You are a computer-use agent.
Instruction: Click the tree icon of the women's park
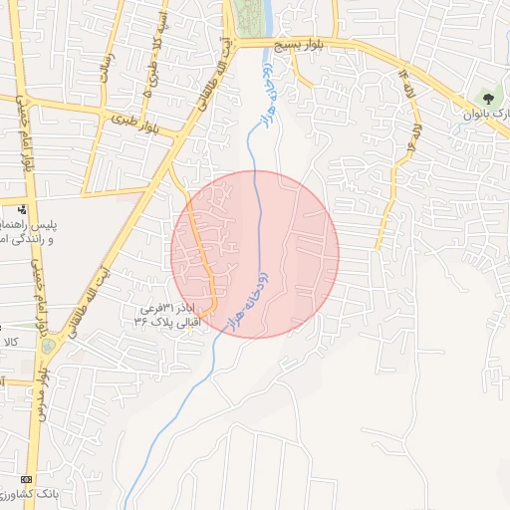(x=487, y=98)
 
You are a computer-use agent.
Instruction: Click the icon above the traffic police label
(x=22, y=209)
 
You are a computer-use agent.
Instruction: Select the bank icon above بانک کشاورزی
(x=27, y=479)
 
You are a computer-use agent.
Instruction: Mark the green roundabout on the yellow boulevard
(x=48, y=346)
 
